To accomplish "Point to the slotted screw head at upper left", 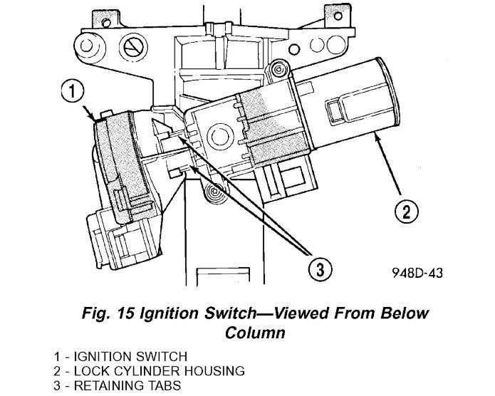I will [132, 47].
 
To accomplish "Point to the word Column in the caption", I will [252, 332].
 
